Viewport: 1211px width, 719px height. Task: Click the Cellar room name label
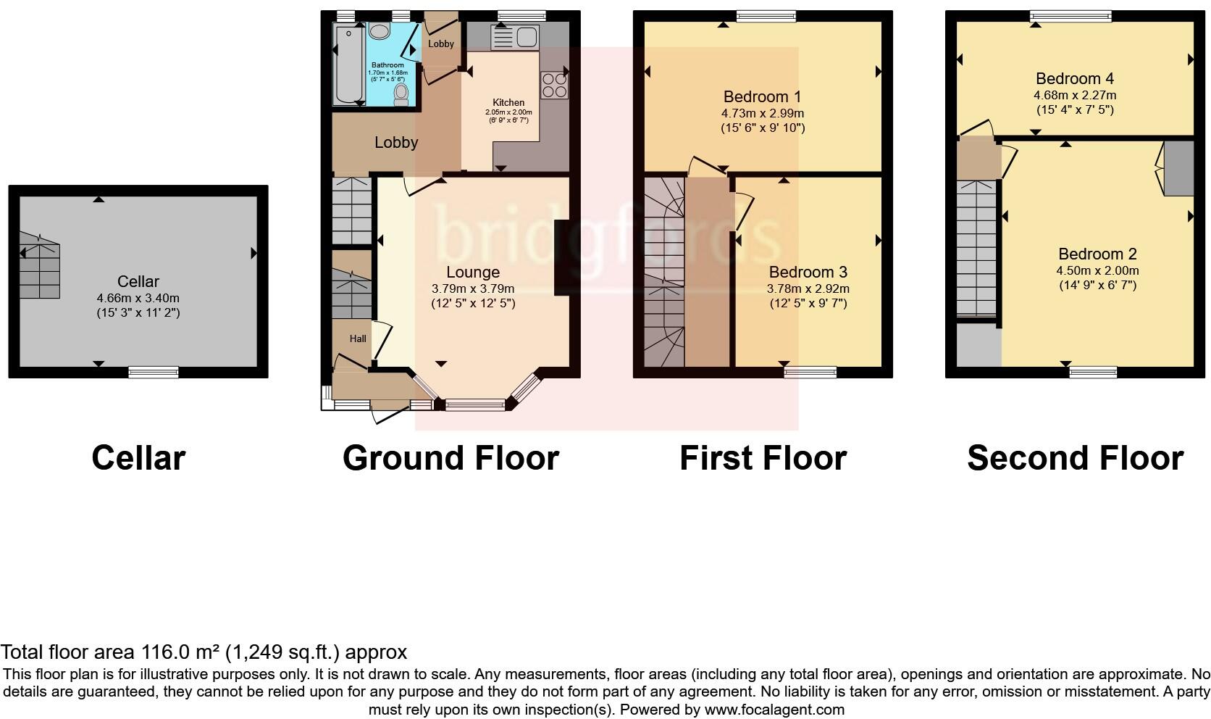coord(138,281)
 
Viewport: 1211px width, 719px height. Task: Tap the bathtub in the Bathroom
coord(348,65)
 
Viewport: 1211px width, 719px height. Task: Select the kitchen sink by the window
coord(514,38)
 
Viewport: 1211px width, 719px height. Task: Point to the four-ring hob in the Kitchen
coord(554,85)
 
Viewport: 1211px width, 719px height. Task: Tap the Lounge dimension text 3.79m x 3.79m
coord(472,288)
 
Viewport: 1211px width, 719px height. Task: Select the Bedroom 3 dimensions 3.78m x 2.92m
coord(808,288)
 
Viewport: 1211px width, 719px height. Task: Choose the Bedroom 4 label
coord(1074,78)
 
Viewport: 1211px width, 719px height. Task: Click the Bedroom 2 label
coord(1097,254)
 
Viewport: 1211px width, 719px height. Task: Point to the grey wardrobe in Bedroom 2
coord(1178,168)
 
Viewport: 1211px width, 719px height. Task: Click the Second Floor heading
coord(1075,458)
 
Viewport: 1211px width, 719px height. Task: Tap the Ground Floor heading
coord(451,458)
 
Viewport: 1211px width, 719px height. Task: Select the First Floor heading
coord(763,458)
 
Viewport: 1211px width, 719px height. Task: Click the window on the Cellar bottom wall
coord(154,373)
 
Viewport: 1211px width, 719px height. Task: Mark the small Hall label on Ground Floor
coord(358,338)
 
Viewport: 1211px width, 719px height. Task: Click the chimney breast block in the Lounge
coord(562,257)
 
